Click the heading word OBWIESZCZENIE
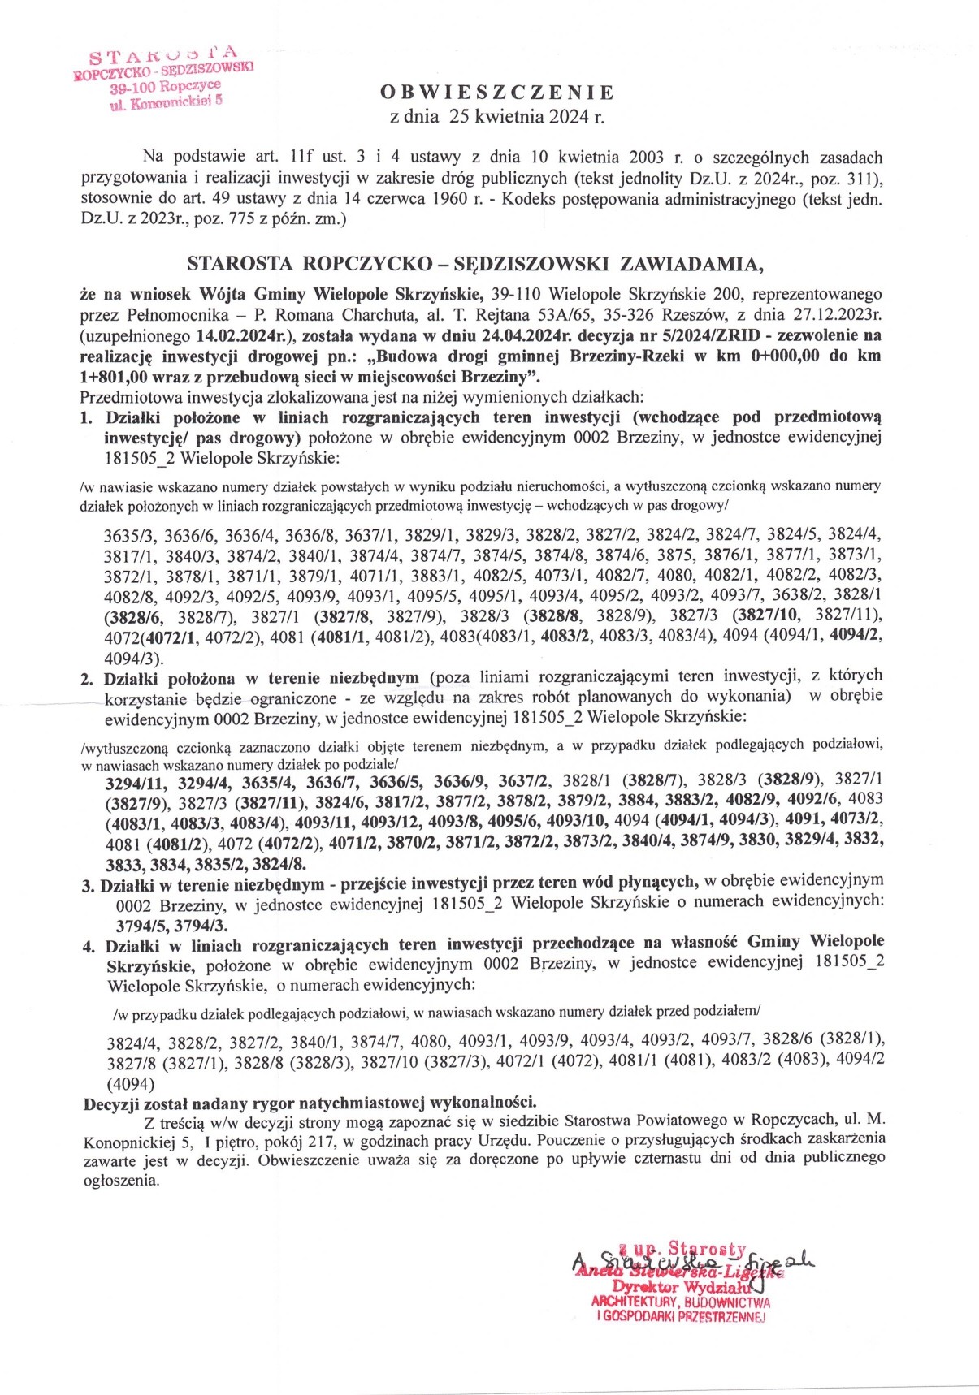pos(497,93)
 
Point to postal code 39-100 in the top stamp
pos(133,87)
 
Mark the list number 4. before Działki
pos(89,947)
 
